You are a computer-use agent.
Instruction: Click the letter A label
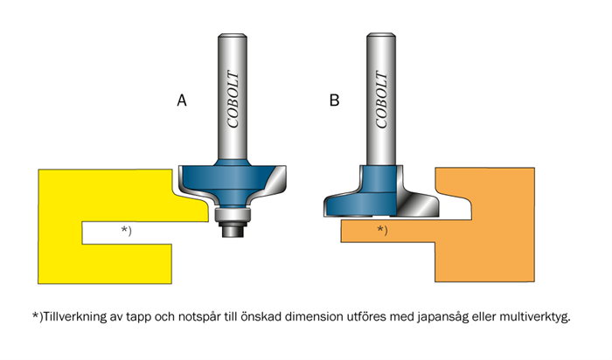[182, 100]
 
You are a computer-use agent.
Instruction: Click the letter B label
[334, 100]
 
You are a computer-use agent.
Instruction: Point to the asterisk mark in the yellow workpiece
[126, 231]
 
